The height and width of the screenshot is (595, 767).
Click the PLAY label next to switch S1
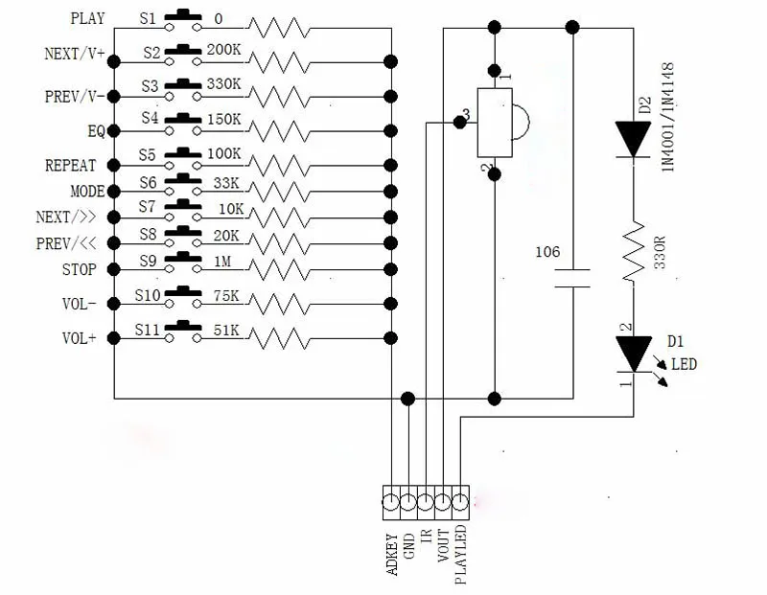[87, 18]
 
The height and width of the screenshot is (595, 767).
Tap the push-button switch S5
[183, 157]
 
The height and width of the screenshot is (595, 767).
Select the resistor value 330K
[223, 84]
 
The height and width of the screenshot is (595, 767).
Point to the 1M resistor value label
[222, 262]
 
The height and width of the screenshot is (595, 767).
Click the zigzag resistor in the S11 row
[279, 338]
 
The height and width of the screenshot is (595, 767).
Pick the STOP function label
[80, 269]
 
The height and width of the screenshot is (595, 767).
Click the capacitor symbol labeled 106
[572, 278]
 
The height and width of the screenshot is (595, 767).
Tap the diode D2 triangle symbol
[633, 139]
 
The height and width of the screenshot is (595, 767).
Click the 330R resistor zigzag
[634, 251]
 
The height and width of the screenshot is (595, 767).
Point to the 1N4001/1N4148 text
[668, 117]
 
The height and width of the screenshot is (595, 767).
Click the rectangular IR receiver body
[495, 123]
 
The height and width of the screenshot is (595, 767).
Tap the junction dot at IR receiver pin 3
[459, 123]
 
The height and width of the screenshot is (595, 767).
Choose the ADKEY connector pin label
[392, 554]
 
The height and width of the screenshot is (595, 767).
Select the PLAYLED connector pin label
[460, 555]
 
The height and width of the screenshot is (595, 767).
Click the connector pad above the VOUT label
[443, 502]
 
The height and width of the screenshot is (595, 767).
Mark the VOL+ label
[80, 338]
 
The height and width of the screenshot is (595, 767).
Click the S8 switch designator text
[148, 234]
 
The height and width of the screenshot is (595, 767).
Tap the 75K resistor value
[226, 296]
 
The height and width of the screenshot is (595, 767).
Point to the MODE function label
[87, 192]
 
